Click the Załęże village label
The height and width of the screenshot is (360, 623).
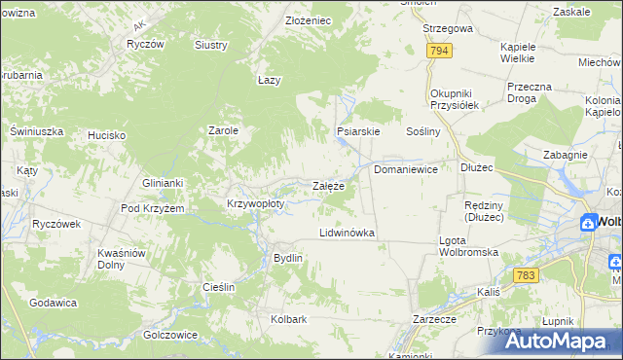pos(327,186)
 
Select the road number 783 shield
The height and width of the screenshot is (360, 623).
pos(527,275)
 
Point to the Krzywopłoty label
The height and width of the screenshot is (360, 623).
pos(255,204)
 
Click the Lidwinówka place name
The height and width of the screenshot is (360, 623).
pos(348,234)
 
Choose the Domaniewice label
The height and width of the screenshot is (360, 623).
pos(406,169)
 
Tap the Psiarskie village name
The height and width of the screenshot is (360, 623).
pos(357,130)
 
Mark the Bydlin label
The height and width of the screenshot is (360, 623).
pos(288,258)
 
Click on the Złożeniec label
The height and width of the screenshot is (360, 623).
pos(309,20)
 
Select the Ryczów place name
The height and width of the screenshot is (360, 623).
pos(144,45)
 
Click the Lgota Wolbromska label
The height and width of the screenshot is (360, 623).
pos(469,246)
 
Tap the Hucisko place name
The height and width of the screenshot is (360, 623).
pos(107,135)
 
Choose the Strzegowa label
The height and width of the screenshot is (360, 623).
pos(448,29)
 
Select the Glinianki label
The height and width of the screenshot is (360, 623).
pos(163,183)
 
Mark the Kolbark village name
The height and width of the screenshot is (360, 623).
pos(289,319)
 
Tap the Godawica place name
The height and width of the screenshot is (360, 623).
pos(54,303)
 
